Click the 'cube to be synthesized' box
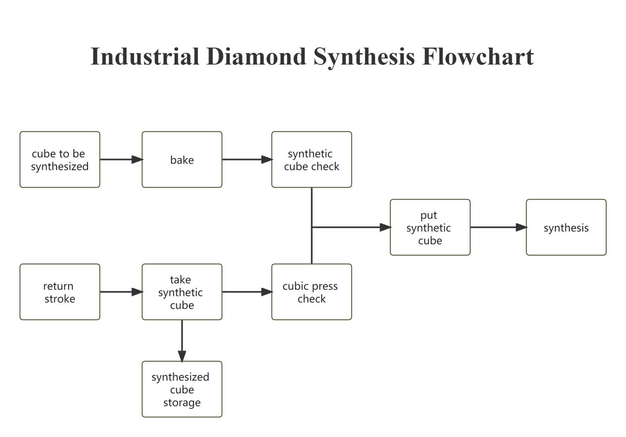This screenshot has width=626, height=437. pyautogui.click(x=60, y=160)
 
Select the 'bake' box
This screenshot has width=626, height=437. pyautogui.click(x=182, y=160)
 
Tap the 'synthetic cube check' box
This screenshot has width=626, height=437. pyautogui.click(x=312, y=160)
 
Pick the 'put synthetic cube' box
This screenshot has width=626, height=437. pyautogui.click(x=430, y=227)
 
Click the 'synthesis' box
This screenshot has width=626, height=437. pyautogui.click(x=566, y=227)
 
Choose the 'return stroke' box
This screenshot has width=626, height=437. pyautogui.click(x=60, y=292)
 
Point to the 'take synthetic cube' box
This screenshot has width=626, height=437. pyautogui.click(x=182, y=292)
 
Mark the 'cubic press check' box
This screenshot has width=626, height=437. pyautogui.click(x=312, y=292)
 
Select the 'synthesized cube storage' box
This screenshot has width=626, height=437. pyautogui.click(x=182, y=389)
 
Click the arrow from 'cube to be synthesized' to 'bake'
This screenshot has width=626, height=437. pyautogui.click(x=121, y=160)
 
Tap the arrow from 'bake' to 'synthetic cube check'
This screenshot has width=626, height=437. pyautogui.click(x=247, y=160)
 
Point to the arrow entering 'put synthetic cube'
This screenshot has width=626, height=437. pyautogui.click(x=352, y=227)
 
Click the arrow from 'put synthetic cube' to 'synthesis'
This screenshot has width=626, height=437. pyautogui.click(x=498, y=227)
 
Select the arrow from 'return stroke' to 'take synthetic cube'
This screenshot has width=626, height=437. pyautogui.click(x=121, y=292)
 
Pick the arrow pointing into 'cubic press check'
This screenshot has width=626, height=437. pyautogui.click(x=247, y=292)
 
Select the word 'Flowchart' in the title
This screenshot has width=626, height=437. pyautogui.click(x=478, y=56)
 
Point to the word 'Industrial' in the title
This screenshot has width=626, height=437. pyautogui.click(x=145, y=56)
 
